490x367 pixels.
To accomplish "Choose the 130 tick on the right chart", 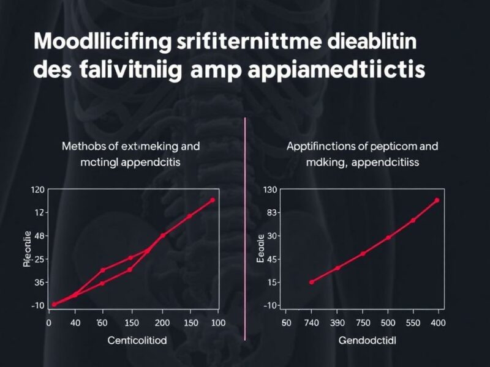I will (270, 190).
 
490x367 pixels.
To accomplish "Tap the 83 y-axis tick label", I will (270, 213).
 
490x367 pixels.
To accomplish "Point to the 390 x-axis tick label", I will (337, 322).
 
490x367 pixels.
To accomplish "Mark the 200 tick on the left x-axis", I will (162, 322).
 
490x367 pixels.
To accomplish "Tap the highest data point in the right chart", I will (437, 200).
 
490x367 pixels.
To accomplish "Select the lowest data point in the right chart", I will (311, 282).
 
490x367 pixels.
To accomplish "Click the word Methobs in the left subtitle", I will (82, 147).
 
